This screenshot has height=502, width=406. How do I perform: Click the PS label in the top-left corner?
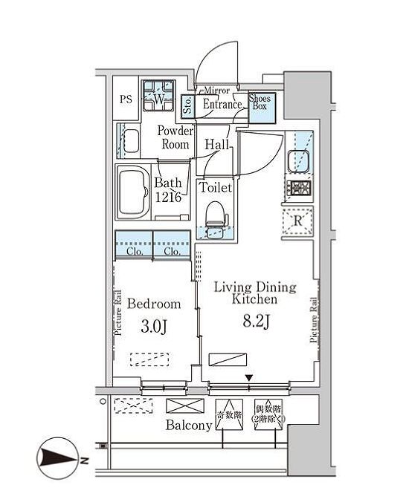pos(126,99)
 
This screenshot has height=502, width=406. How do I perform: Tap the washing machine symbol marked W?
pos(158,97)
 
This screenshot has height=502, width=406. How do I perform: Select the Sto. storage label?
pos(187,105)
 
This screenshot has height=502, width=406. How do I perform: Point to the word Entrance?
pos(222,105)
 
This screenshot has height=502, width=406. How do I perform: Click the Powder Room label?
pos(175,137)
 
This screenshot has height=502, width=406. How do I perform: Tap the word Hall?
pos(217,145)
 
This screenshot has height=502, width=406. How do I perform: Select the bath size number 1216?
pos(169,197)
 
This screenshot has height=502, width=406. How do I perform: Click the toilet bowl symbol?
pos(215,216)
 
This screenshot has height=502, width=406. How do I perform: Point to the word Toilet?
pos(216,188)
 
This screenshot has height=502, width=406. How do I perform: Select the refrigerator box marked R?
pos(297,221)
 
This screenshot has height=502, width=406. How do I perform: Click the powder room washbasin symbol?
pos(132,141)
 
